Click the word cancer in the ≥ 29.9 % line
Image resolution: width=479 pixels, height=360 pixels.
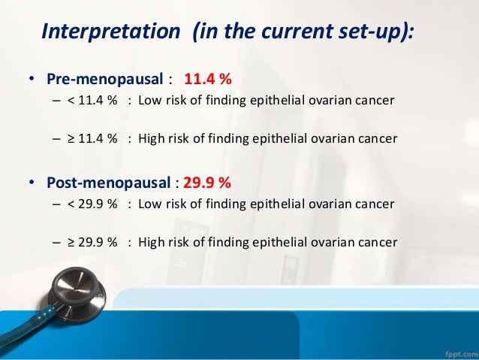coord(376,242)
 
